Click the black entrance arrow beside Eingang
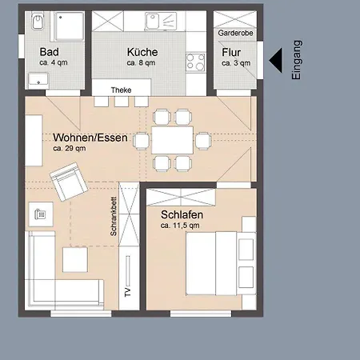[x=275, y=61]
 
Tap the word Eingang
[x=297, y=60]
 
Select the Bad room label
[x=50, y=52]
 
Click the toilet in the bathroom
[x=38, y=22]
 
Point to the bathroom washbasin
[x=39, y=80]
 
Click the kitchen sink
[x=161, y=21]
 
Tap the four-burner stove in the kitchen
[x=196, y=62]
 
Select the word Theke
[x=121, y=90]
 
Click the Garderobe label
[x=235, y=33]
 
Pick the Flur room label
[x=231, y=52]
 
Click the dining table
[x=172, y=140]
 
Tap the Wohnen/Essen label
[x=90, y=138]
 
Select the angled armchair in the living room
[x=69, y=182]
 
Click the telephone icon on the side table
[x=40, y=214]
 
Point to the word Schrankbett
[x=114, y=217]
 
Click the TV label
[x=128, y=292]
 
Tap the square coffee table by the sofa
[x=75, y=260]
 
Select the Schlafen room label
[x=182, y=214]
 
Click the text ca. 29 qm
[x=70, y=148]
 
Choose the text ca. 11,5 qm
[x=180, y=226]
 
